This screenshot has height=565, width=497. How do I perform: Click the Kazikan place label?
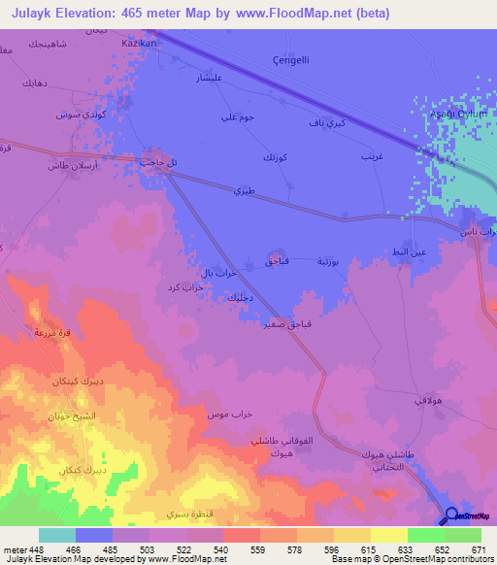(x=139, y=45)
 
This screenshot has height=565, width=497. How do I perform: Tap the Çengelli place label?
(x=292, y=59)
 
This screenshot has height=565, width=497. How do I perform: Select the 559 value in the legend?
(x=257, y=548)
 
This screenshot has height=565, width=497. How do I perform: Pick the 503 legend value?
(x=146, y=548)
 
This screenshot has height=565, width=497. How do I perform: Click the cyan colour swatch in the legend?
(x=57, y=535)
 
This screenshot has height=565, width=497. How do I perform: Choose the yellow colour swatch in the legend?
(x=388, y=535)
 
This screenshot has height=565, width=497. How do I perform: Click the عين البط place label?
(x=408, y=252)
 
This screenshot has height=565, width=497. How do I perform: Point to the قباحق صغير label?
(x=276, y=325)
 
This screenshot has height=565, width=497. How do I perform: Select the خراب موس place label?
(x=230, y=415)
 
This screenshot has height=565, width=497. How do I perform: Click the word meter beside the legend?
(x=12, y=548)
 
